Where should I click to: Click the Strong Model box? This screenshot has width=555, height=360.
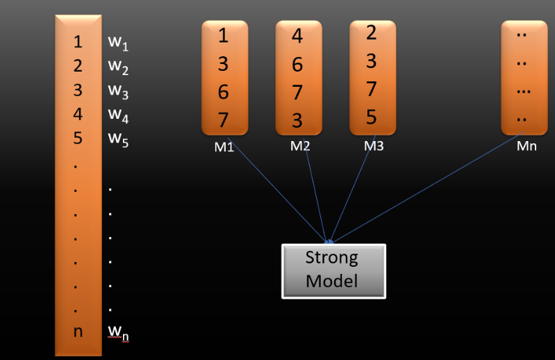333,270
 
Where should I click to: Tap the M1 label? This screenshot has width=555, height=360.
223,147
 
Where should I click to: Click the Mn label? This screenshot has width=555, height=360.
526,147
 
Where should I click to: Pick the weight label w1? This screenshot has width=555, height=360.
117,42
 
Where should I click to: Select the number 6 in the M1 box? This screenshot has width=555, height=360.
223,92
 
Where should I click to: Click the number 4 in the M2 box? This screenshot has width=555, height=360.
297,36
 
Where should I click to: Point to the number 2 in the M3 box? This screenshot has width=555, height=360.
371,33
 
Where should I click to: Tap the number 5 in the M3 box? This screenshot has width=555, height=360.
371,117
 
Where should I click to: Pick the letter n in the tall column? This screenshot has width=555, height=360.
78,331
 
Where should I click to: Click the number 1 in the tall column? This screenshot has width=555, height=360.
78,42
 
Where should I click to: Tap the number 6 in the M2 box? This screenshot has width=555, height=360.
297,65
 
